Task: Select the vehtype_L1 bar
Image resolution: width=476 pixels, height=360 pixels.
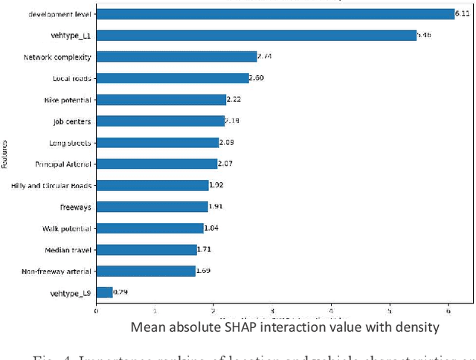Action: pos(256,35)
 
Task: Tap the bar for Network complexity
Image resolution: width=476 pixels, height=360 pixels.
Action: pos(176,57)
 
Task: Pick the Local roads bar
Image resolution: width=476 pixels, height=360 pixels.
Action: pos(173,78)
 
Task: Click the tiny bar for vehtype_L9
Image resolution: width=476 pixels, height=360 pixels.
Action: pos(104,293)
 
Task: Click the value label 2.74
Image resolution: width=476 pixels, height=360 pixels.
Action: pos(266,57)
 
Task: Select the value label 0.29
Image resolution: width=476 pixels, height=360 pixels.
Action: pos(121,292)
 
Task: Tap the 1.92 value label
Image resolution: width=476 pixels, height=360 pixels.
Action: pos(218,185)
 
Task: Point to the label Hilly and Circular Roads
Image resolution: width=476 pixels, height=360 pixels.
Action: pos(51,186)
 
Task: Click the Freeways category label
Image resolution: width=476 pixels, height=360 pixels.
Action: pos(75,208)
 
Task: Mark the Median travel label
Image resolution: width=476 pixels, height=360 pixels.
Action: pos(68,251)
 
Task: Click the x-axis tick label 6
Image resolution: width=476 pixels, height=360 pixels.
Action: pos(448,311)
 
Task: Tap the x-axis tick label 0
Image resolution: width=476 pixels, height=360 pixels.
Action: pos(96,311)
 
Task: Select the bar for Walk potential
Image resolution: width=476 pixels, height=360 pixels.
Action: pos(149,228)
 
